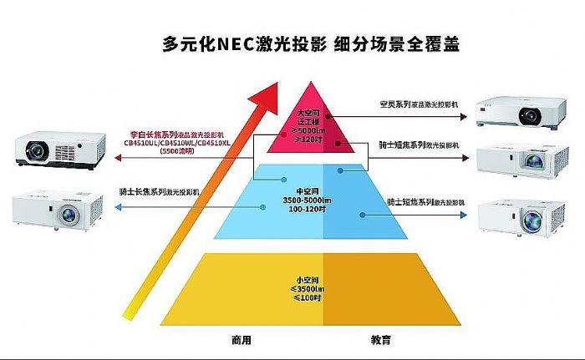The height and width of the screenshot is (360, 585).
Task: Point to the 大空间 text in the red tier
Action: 310,113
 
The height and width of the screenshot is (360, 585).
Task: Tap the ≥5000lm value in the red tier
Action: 310,130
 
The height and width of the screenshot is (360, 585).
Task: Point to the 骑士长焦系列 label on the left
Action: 140,192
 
